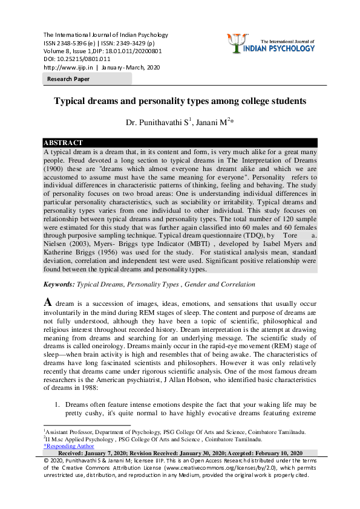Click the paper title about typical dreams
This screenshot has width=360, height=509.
point(180,101)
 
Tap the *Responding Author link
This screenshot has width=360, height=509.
point(68,446)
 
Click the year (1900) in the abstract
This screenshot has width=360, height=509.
point(55,171)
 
